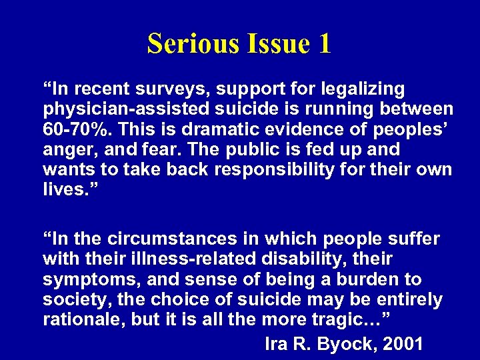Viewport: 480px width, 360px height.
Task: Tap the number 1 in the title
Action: click(x=325, y=43)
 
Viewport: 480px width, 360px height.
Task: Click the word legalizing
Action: click(x=367, y=89)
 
